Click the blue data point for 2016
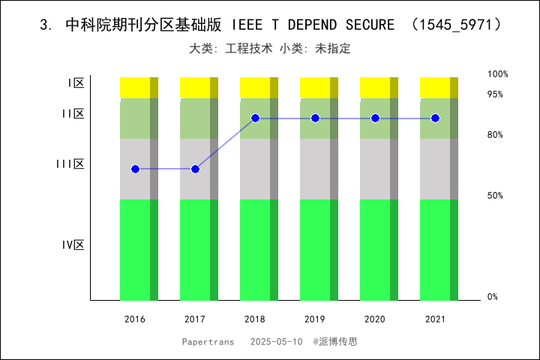[135, 169]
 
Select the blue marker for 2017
[195, 169]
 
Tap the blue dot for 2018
[255, 118]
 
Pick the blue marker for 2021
[435, 118]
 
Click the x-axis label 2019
[315, 319]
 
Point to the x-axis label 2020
[375, 319]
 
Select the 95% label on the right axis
[495, 94]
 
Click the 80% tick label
[495, 135]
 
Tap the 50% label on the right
[495, 196]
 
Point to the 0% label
[493, 297]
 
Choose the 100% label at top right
[498, 74]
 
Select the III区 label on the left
[70, 163]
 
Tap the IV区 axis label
[73, 245]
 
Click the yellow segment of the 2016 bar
[135, 87]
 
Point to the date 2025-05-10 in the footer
[276, 341]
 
